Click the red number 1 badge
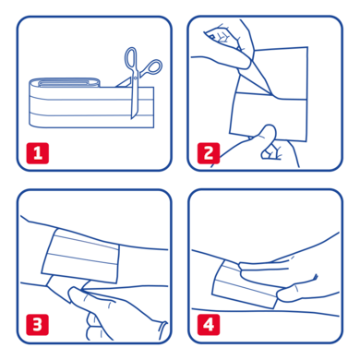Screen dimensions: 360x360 (x=37, y=152)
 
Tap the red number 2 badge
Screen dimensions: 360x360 (x=208, y=152)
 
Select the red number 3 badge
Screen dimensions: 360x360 (x=37, y=324)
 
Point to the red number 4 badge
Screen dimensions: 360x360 (x=208, y=324)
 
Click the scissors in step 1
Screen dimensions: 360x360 (x=142, y=83)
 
